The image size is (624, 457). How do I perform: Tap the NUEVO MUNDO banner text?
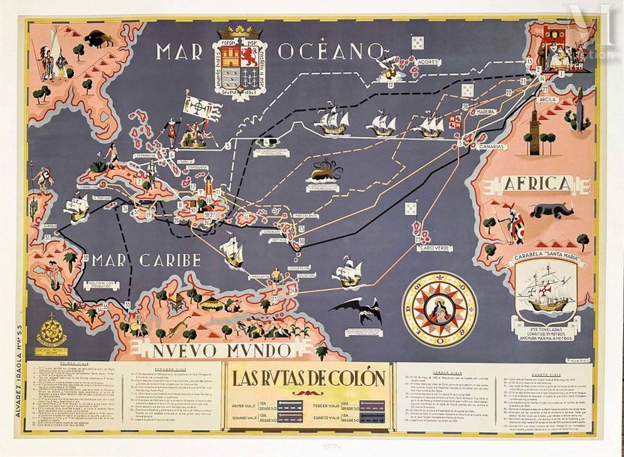208,349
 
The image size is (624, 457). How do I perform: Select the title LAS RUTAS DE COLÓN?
307,378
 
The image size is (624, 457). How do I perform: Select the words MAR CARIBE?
146,261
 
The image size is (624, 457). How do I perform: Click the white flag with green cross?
197,106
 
